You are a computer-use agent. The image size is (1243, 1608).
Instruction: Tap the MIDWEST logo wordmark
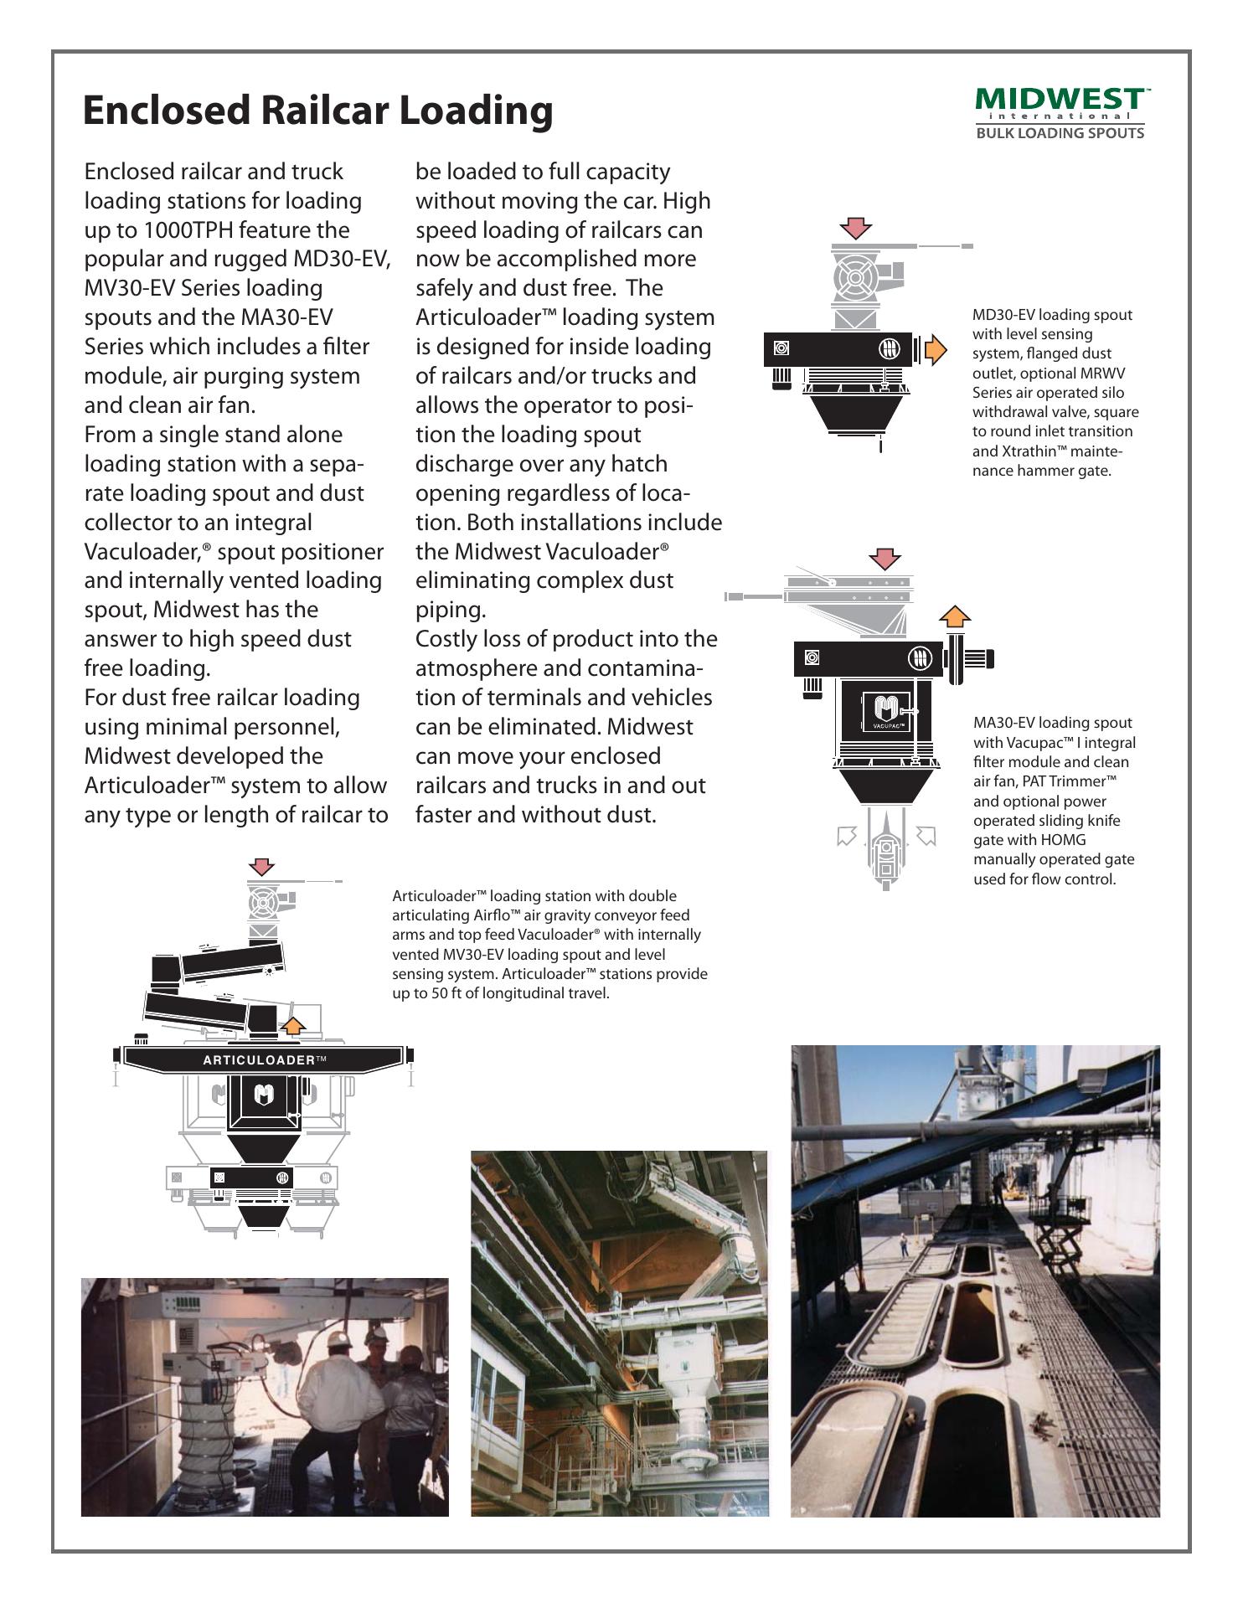[1059, 99]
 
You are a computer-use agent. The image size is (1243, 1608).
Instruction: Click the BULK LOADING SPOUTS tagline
[1060, 133]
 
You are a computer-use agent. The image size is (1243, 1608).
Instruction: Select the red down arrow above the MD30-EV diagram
[856, 228]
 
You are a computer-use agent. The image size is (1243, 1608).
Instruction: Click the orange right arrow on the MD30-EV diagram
[935, 349]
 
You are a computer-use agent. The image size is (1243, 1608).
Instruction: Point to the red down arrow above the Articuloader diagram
[265, 867]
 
